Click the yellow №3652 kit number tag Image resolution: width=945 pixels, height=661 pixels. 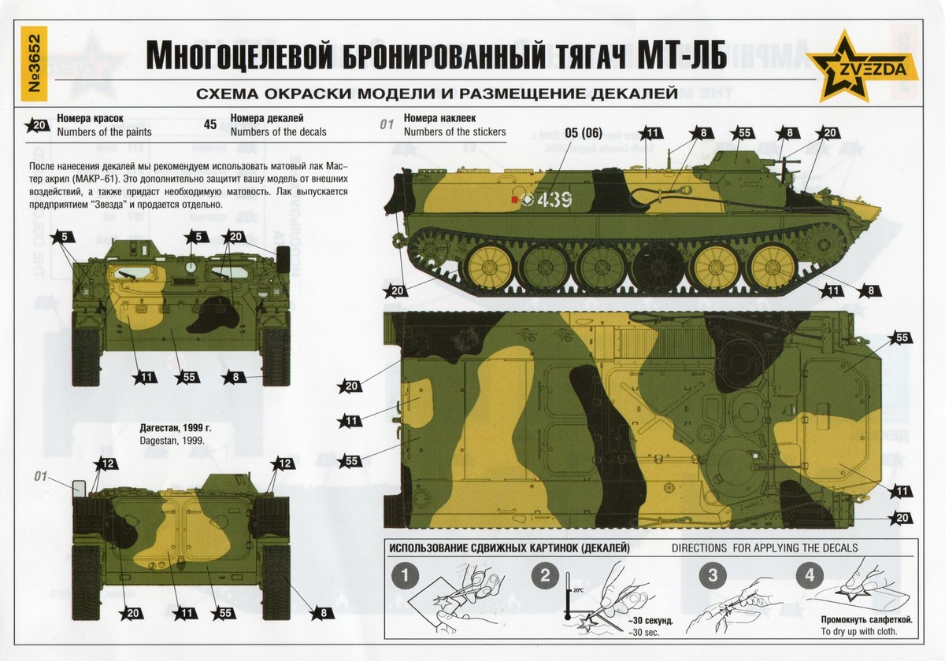pyautogui.click(x=34, y=64)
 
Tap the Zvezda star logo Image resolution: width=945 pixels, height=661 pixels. pyautogui.click(x=862, y=66)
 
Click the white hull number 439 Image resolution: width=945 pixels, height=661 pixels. pyautogui.click(x=554, y=199)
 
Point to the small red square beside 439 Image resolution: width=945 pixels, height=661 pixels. pyautogui.click(x=514, y=200)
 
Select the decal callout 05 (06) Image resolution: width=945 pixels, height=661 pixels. pyautogui.click(x=584, y=133)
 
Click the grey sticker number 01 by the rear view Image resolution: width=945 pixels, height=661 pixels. pyautogui.click(x=40, y=476)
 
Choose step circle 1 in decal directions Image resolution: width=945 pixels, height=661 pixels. pyautogui.click(x=405, y=576)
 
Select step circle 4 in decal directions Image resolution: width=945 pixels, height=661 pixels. pyautogui.click(x=810, y=576)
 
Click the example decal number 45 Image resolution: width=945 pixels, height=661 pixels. pyautogui.click(x=210, y=125)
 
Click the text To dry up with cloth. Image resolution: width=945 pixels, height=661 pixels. pyautogui.click(x=859, y=631)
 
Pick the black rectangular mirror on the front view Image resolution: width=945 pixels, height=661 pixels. pyautogui.click(x=283, y=259)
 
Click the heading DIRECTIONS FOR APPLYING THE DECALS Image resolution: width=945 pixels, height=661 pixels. pyautogui.click(x=765, y=548)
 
